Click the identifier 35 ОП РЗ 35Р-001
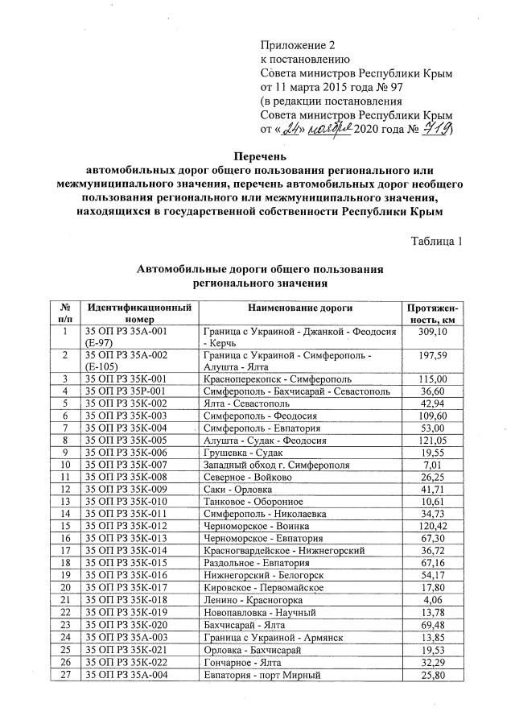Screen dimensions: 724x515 point(126,391)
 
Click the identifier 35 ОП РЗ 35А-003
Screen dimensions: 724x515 point(126,637)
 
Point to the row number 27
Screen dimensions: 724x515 point(64,674)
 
